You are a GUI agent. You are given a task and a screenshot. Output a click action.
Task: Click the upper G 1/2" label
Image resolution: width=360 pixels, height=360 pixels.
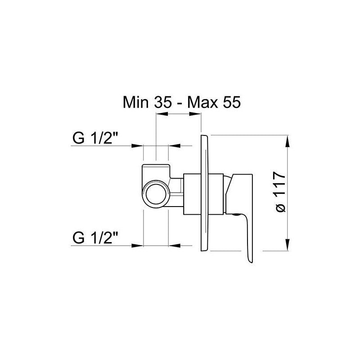coord(95,138)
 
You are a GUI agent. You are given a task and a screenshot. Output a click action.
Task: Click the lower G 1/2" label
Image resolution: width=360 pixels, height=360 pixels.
coord(95,237)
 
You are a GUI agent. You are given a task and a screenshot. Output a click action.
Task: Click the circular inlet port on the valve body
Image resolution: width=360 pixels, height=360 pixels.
coord(156,195)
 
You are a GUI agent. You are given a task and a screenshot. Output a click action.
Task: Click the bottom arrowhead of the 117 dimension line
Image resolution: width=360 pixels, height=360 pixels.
coord(288,246)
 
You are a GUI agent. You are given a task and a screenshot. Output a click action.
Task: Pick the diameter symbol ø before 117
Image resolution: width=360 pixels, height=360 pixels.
coord(279,208)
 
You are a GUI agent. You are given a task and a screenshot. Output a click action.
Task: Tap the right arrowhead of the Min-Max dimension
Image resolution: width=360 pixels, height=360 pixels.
coord(198,115)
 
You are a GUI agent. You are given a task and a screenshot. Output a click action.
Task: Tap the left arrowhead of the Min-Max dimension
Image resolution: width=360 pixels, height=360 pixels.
coord(159,115)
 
